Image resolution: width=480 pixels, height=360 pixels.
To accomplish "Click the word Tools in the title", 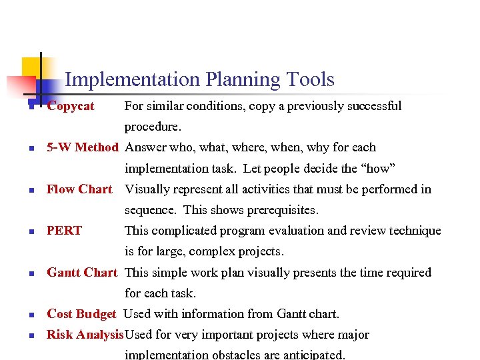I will pos(310,80).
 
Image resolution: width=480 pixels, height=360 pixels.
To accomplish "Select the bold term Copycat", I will pos(71,106).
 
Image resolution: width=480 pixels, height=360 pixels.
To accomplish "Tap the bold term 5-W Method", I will pos(82,147).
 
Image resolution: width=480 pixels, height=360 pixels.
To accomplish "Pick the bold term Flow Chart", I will pos(79,189).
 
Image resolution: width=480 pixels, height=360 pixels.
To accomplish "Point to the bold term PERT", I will pos(64,231).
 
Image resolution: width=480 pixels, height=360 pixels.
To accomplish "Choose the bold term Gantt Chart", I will pos(82,272).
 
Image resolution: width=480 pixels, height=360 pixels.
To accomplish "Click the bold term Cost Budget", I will pos(81,313).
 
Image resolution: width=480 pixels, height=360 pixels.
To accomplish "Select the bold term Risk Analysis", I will pos(85,335).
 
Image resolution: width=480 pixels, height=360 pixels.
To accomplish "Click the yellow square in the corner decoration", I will pos(30,66).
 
